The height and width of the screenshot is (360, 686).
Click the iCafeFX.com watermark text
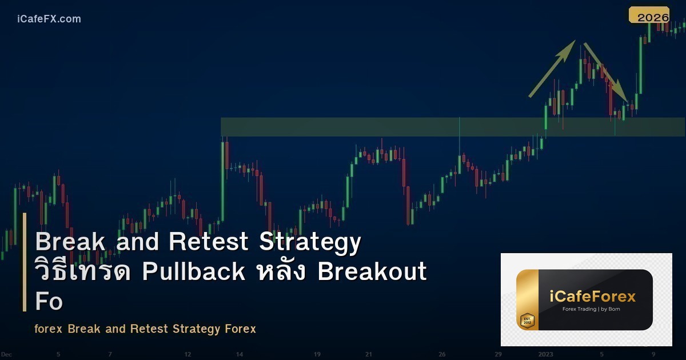point(49,19)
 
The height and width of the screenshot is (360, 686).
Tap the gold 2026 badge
point(649,16)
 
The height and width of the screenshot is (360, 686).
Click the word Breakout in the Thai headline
point(372,271)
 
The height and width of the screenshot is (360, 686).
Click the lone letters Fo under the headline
point(49,302)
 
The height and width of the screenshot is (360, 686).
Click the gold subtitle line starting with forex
point(145,329)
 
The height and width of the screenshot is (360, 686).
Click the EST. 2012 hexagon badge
point(527,321)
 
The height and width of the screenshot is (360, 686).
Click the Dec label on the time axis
point(6,354)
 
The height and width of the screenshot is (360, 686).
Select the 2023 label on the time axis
point(545,354)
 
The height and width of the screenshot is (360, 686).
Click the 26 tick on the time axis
point(442,354)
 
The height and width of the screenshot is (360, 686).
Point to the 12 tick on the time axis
point(187,354)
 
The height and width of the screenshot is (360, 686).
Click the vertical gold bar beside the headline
point(25,262)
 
